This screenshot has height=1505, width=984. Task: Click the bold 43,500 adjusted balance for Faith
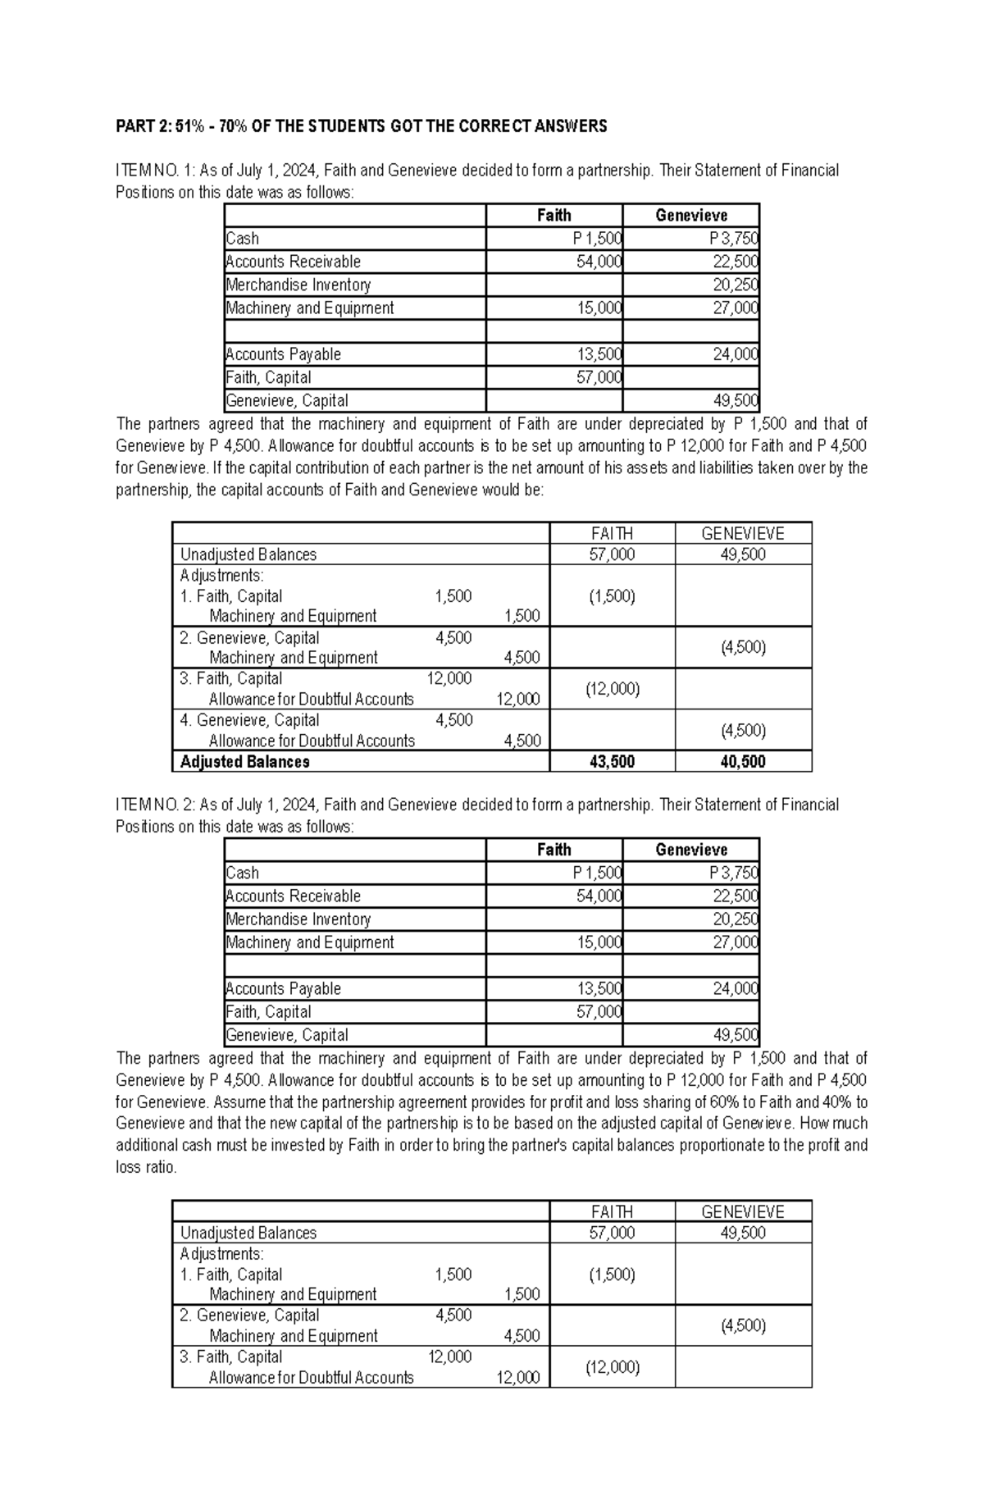click(x=612, y=762)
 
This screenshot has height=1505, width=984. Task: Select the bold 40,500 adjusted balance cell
click(x=743, y=762)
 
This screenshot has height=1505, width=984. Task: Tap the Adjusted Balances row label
click(x=244, y=762)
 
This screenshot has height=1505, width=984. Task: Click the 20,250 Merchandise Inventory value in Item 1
click(x=735, y=285)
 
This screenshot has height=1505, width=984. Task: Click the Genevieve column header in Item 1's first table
click(x=690, y=216)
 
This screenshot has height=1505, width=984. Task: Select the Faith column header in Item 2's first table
click(x=553, y=850)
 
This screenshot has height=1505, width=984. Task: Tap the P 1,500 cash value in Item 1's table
click(x=597, y=239)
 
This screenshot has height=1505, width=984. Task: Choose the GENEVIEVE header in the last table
click(x=743, y=1211)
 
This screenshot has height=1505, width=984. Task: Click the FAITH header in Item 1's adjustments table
click(x=612, y=533)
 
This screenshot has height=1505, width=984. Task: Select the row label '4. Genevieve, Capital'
click(x=249, y=720)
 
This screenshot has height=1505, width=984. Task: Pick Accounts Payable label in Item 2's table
click(x=283, y=988)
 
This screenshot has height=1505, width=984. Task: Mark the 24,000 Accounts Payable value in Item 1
click(x=735, y=354)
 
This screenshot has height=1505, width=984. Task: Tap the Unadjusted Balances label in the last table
click(x=248, y=1233)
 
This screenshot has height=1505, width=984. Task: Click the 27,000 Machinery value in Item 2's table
click(x=735, y=942)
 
